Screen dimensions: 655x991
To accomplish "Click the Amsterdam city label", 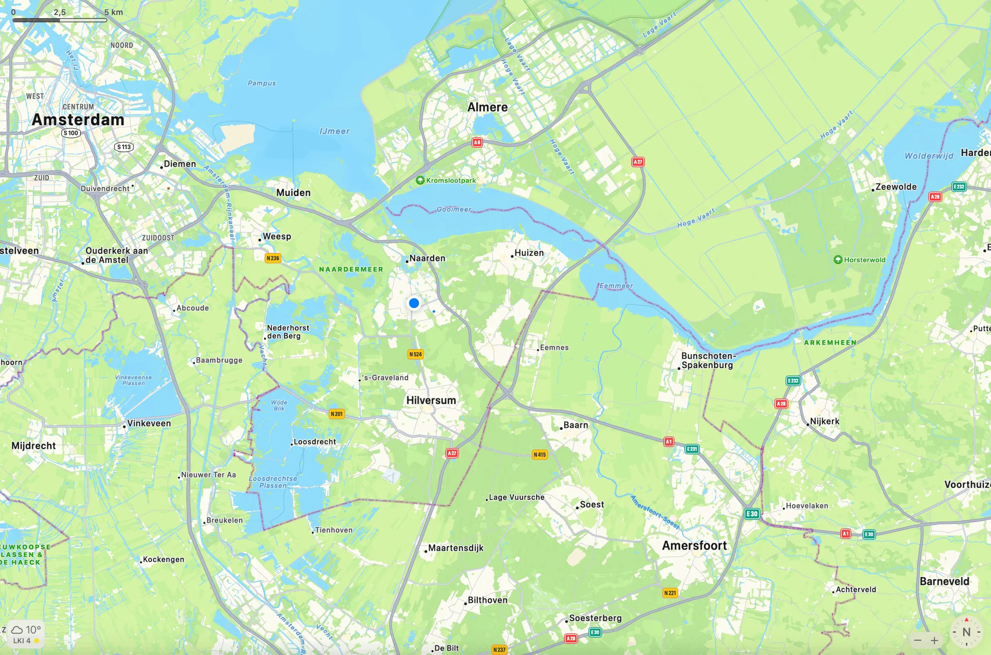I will tap(78, 120).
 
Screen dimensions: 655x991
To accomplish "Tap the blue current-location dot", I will tap(414, 303).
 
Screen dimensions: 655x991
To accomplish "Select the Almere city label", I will tap(487, 107).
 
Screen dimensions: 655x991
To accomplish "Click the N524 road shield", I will tap(415, 354).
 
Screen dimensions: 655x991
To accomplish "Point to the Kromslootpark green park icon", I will tap(420, 180).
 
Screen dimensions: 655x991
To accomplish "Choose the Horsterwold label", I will tap(864, 260).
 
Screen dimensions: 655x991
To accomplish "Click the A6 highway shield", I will tap(477, 142).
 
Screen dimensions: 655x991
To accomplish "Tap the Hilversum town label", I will tap(431, 400).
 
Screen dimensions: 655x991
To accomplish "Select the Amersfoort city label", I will tap(694, 546).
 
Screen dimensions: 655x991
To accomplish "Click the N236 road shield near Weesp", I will tap(273, 258).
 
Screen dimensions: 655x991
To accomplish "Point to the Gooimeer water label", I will tap(454, 209).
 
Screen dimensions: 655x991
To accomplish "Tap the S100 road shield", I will tap(71, 133).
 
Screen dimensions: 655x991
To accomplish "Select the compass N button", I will tap(966, 632).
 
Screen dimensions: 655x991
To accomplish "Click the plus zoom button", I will tap(934, 640).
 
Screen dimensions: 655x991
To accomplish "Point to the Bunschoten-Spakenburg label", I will tap(708, 361).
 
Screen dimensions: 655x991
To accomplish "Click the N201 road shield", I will tap(336, 414).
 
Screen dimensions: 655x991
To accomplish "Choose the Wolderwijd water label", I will tap(929, 156).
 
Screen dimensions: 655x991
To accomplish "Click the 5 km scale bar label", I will tap(114, 12).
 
